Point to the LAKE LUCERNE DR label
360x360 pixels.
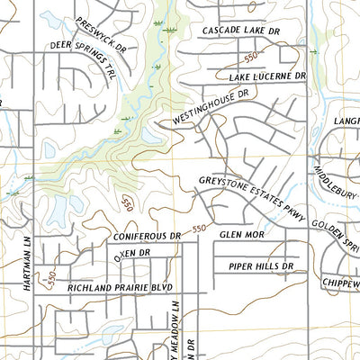coord(267,77)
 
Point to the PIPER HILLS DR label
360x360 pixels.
coord(261,267)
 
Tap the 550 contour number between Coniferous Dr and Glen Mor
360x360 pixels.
coord(199,228)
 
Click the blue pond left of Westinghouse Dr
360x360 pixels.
coord(148,135)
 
